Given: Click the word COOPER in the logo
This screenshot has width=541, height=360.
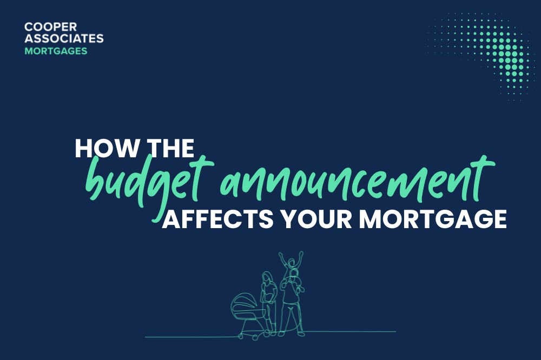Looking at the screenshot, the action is point(50,27).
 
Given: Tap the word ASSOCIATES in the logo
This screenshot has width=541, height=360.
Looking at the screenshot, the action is point(64,38).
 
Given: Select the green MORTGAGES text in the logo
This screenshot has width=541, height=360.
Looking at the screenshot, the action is point(56,51).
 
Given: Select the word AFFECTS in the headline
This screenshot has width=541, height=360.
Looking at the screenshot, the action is point(218,219).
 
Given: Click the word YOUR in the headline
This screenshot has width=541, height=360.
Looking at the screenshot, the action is point(316,219).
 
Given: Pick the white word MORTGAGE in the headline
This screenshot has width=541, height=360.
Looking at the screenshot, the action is point(433,219).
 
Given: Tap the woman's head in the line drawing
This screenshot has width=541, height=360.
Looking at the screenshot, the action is point(267,278).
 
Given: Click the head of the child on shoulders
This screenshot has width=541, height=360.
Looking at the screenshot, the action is point(292,263).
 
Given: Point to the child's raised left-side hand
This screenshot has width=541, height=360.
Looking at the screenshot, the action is point(281,255).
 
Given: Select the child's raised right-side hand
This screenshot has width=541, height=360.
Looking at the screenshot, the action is point(301,254).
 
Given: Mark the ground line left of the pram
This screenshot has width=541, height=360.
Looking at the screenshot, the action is point(192,337).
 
